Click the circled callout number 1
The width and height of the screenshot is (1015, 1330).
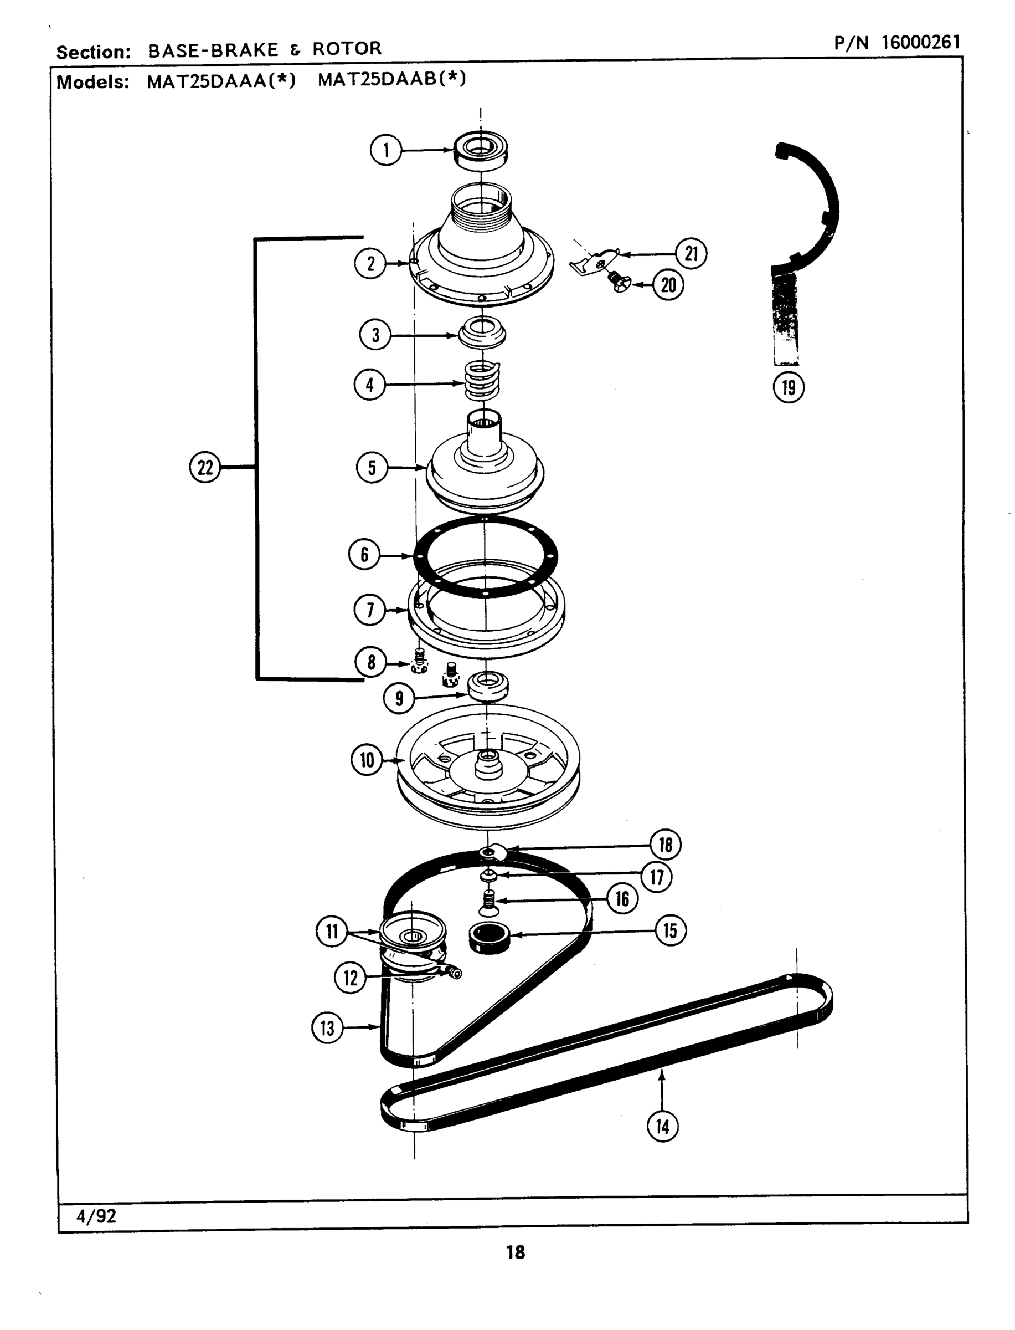coord(385,150)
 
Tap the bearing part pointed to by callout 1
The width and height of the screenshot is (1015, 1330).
coord(481,151)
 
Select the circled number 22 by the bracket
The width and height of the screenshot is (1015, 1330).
coord(205,467)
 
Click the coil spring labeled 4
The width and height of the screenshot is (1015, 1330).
coord(482,381)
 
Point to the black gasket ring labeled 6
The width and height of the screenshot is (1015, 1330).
coord(485,556)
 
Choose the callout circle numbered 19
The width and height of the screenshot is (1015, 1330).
coord(789,387)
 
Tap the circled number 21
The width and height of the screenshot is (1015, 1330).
coord(691,254)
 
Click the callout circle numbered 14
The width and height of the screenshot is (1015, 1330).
coord(662,1126)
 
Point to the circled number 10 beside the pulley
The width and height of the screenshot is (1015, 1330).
coord(367,760)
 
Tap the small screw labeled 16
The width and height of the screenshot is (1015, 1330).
coord(488,903)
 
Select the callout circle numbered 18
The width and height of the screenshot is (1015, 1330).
coord(665,844)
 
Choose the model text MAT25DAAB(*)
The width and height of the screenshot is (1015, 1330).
coord(391,79)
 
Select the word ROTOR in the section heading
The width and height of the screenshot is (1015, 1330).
coord(347,48)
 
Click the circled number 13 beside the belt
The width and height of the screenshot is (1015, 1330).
coord(327,1028)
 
